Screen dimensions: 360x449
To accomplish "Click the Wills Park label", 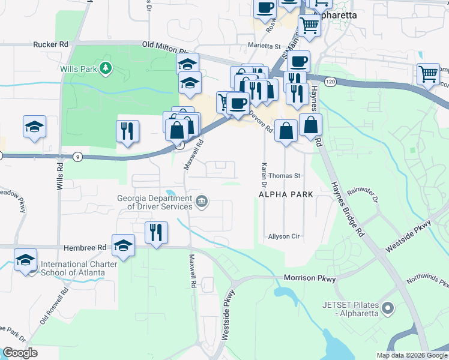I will (x=78, y=69).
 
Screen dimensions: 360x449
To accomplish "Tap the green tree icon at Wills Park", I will (x=106, y=68).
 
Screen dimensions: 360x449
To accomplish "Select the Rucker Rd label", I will (x=51, y=44).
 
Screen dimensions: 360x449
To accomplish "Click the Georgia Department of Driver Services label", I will (x=154, y=202).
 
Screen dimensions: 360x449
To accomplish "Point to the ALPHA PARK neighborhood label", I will (x=286, y=195).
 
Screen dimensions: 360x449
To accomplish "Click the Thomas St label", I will (x=284, y=176).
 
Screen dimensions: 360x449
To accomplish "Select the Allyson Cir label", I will (x=284, y=236).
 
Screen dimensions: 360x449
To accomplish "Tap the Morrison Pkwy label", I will (x=310, y=279).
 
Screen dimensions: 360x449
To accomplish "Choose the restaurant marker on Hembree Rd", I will (x=156, y=232).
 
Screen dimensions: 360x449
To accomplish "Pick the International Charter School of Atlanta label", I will (x=73, y=268).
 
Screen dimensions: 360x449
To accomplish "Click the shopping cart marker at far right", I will (x=428, y=74).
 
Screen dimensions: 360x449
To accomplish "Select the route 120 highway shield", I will (x=330, y=80).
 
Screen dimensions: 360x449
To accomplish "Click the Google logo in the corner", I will (x=20, y=353).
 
